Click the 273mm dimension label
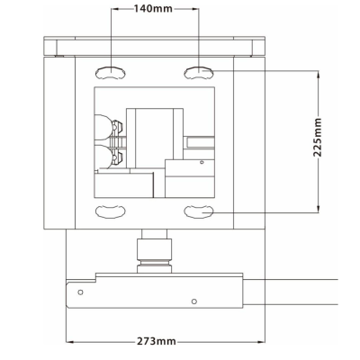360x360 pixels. click(157, 343)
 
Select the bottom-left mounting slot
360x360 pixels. click(109, 211)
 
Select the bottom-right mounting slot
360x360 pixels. click(197, 211)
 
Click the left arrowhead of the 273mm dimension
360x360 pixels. click(70, 343)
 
